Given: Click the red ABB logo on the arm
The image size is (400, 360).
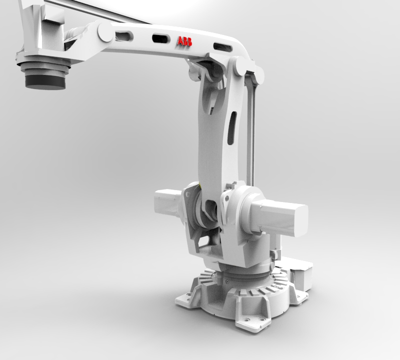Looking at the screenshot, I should tap(184, 42).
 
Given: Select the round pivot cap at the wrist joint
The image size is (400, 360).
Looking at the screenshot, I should tap(105, 32).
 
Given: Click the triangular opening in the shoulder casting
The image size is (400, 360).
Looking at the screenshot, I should tap(202, 243).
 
